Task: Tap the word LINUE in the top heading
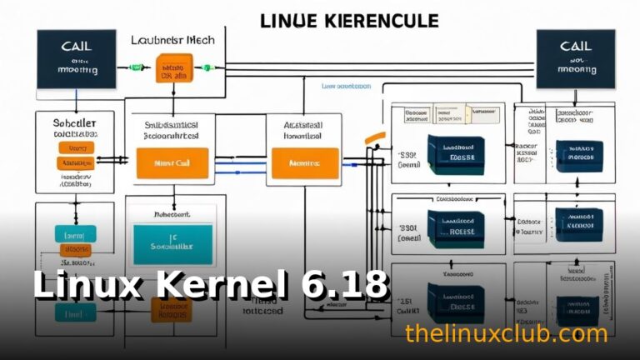point(288,21)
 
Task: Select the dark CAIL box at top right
point(575,59)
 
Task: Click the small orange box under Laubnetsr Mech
point(174,68)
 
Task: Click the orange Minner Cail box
point(172,163)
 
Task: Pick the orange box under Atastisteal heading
point(304,162)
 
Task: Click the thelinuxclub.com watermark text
point(506,333)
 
